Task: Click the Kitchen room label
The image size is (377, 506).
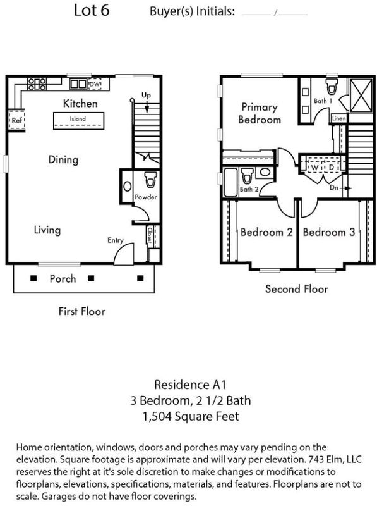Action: [80, 103]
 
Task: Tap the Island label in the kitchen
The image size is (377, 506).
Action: [78, 119]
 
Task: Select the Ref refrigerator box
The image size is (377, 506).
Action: [16, 120]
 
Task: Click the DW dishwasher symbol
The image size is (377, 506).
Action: [95, 84]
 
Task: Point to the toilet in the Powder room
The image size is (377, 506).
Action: [150, 180]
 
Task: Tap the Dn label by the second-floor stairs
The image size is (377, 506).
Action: [333, 187]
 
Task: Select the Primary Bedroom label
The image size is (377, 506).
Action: [260, 113]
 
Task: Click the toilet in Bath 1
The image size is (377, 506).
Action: [332, 85]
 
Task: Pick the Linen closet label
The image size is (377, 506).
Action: [338, 118]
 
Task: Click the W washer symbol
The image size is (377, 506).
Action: [314, 168]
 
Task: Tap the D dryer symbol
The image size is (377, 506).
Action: [331, 168]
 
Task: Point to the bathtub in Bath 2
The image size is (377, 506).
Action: [230, 182]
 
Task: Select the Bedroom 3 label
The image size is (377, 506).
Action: [328, 232]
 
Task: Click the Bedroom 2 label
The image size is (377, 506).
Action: [266, 232]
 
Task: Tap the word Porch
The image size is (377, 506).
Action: [63, 278]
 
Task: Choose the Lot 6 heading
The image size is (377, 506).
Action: [92, 10]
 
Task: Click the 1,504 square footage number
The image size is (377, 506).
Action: [157, 416]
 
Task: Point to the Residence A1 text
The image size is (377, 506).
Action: [190, 385]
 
